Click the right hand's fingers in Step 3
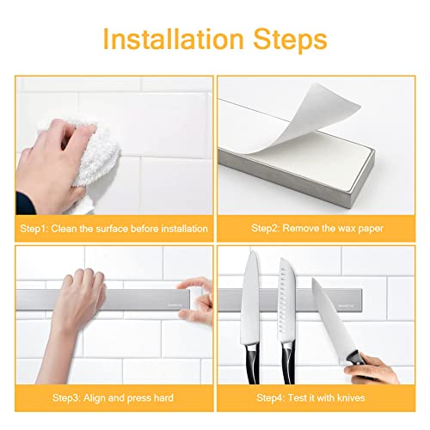tap(196, 292)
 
